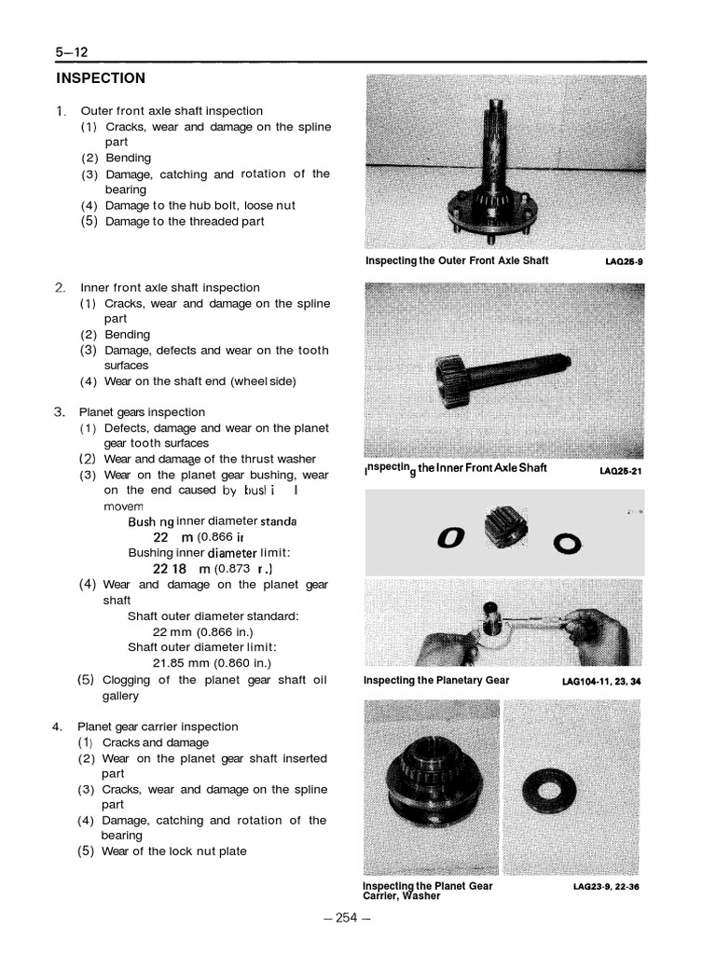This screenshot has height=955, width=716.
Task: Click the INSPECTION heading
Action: pos(101,78)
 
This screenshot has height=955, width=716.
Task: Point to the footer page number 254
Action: pos(347,918)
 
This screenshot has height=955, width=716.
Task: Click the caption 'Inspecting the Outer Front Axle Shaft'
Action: pos(457,261)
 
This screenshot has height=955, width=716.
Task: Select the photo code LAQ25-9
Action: pos(624,262)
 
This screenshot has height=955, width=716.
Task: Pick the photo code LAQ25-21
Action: pos(621,471)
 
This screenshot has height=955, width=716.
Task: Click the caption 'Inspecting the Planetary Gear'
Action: pos(436,680)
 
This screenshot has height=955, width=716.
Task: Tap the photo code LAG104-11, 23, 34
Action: pos(601,681)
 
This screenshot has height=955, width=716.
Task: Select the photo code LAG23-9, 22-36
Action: pos(606,887)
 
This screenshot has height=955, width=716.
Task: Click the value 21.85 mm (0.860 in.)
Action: pos(199,663)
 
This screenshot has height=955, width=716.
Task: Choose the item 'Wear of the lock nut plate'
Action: pos(173,851)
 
